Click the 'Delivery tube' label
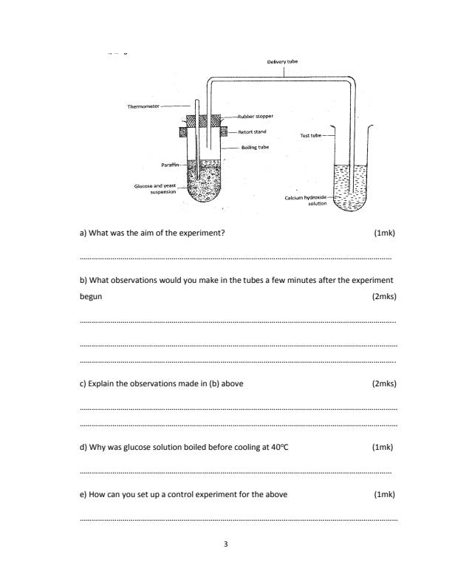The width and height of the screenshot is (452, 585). click(283, 62)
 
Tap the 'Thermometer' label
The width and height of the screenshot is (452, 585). click(144, 106)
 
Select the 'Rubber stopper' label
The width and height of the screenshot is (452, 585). click(256, 116)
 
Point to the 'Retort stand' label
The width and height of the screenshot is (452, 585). click(253, 131)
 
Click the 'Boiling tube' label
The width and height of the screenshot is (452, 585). click(255, 147)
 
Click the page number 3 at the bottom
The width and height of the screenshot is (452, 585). click(226, 544)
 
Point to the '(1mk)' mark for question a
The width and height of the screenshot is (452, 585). click(385, 233)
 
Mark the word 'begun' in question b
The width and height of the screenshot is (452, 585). click(91, 296)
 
